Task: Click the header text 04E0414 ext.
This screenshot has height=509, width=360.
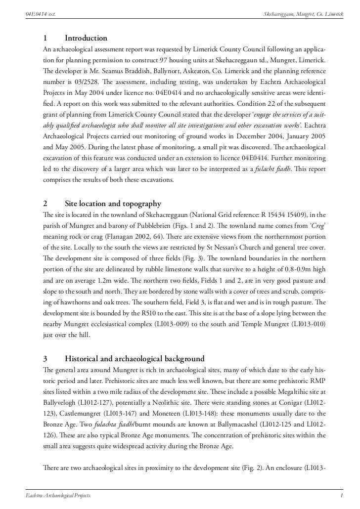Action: click(40, 13)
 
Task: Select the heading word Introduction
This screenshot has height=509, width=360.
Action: click(86, 39)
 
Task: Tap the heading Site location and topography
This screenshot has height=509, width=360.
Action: click(113, 204)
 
